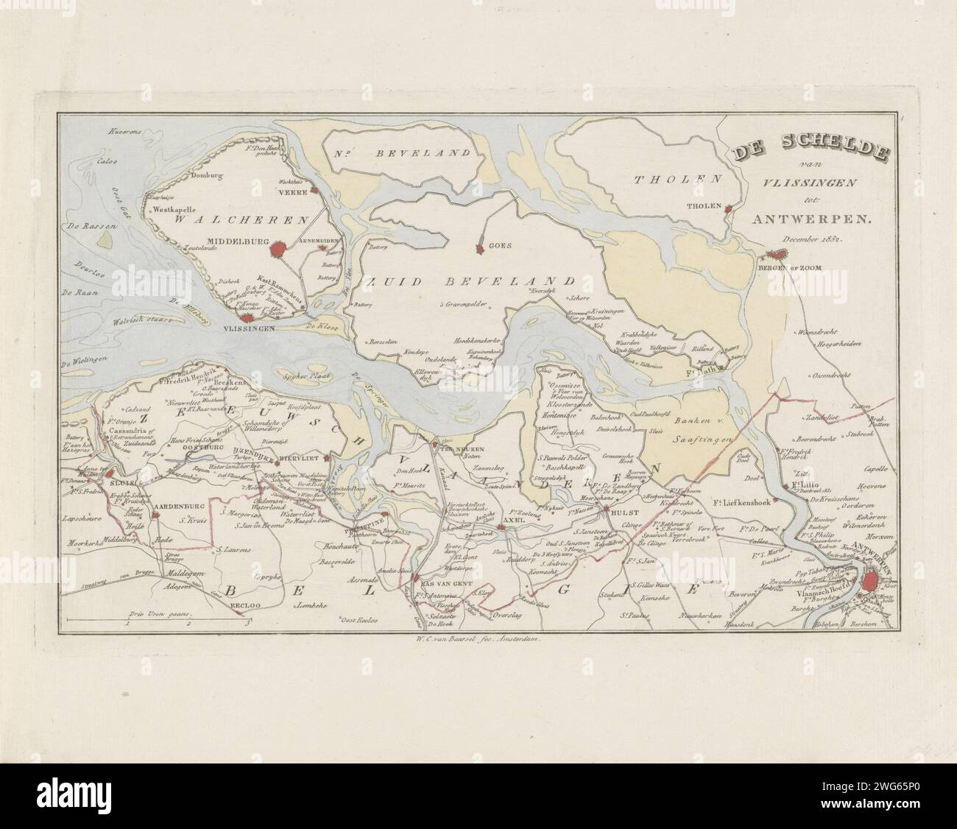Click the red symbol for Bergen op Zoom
click(775, 255)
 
